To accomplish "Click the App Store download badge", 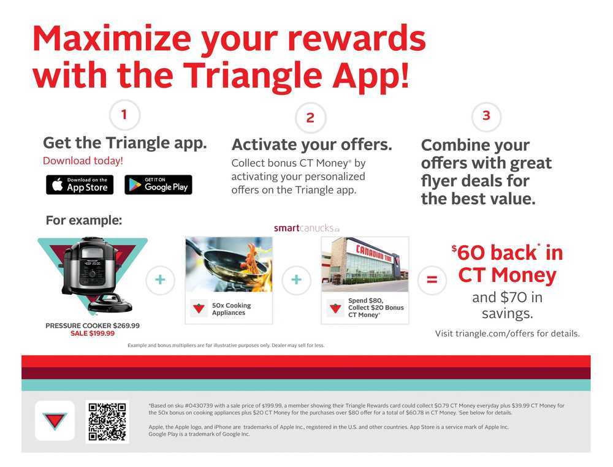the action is point(80,184).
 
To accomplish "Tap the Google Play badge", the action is point(158,184).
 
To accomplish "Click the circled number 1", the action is point(124,115).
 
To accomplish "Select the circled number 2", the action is point(310,118).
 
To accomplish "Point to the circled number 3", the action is point(486,116).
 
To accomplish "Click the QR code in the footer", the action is point(107,422).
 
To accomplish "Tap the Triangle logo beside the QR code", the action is point(55,421).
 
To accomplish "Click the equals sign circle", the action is point(432,280).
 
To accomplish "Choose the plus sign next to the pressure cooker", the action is point(160,280).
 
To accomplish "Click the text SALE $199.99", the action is point(93,333).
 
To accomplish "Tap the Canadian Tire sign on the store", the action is point(374,253).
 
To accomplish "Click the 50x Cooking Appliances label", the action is point(232,309).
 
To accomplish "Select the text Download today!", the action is point(83,161).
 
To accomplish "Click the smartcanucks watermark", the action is point(306,228).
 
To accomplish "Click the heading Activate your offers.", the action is point(311,145).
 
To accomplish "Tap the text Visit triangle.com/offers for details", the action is point(508,333).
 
